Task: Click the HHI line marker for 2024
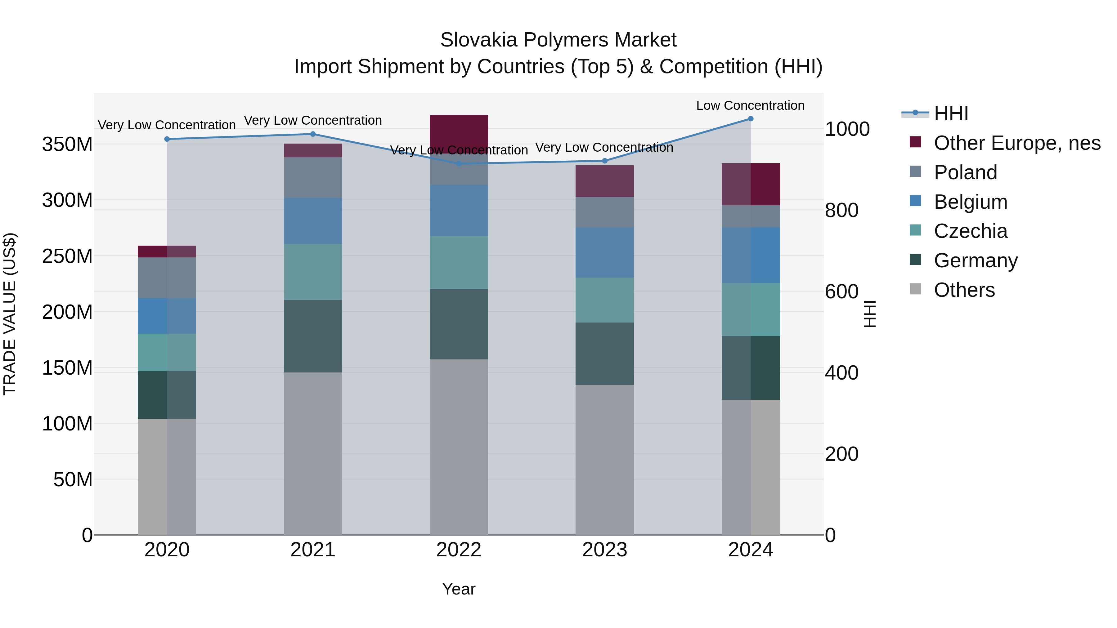click(x=751, y=119)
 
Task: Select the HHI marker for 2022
click(x=459, y=164)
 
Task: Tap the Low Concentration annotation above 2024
click(x=750, y=105)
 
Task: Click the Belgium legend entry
click(x=971, y=202)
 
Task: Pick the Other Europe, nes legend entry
click(x=1017, y=143)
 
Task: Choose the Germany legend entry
click(x=976, y=261)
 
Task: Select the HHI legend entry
click(x=951, y=114)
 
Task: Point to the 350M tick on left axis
click(x=67, y=144)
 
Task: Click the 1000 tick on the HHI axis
click(x=847, y=129)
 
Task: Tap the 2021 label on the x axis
click(x=313, y=550)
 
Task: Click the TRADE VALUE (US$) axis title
click(x=10, y=314)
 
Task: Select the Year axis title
click(x=459, y=589)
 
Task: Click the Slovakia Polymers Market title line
click(x=558, y=40)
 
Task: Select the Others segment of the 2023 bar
click(x=604, y=459)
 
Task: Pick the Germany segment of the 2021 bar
click(x=313, y=336)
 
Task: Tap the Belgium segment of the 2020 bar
click(x=167, y=316)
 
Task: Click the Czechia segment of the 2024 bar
click(x=751, y=310)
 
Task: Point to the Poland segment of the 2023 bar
click(x=604, y=212)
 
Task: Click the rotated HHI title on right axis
click(x=870, y=314)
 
